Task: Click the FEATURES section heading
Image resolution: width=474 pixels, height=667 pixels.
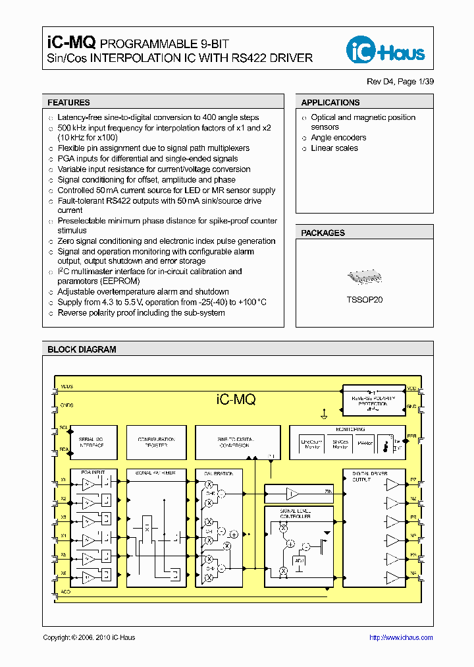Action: point(68,103)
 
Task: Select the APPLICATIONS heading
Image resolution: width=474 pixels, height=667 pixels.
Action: point(330,103)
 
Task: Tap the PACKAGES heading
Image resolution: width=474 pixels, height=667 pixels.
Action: point(323,233)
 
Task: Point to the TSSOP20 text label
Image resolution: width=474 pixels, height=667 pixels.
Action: point(364,299)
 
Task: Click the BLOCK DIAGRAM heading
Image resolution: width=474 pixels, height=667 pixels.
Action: point(82,350)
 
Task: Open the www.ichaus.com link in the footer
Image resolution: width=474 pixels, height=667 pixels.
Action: point(400,637)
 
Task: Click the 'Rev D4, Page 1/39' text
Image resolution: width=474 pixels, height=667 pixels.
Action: point(400,82)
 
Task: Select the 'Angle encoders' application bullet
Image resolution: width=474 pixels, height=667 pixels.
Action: point(338,138)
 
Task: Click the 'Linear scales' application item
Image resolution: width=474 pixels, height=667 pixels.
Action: point(334,148)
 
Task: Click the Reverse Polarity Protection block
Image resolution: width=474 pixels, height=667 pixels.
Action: point(373,401)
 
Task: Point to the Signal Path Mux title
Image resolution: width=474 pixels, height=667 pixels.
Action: point(155,473)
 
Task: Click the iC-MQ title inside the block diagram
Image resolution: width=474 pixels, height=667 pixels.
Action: point(236,399)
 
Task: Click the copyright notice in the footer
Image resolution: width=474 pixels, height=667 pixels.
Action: point(89,637)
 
